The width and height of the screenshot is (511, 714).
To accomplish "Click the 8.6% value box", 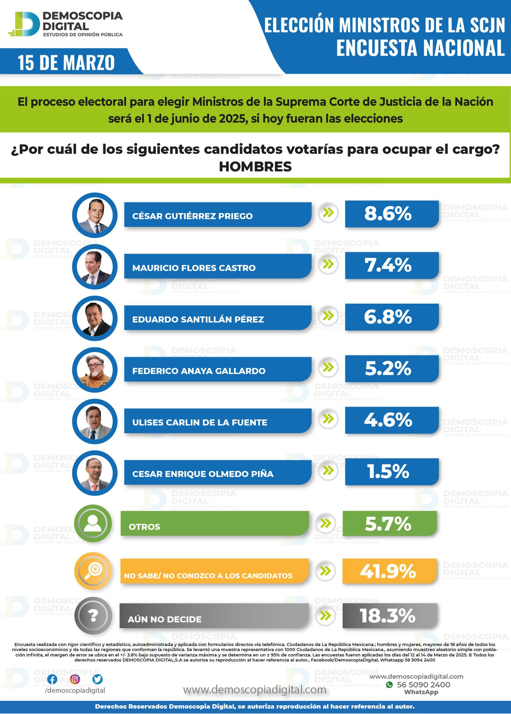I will (x=391, y=214).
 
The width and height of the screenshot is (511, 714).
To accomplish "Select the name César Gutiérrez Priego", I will (x=192, y=216).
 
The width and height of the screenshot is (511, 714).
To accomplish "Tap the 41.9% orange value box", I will (x=389, y=571).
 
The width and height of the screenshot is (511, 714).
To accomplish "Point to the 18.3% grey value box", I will (x=389, y=616).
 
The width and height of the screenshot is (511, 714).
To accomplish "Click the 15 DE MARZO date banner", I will (x=67, y=63).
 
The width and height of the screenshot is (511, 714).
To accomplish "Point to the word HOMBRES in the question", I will (x=255, y=167).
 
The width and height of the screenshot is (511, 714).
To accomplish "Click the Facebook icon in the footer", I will (x=52, y=679).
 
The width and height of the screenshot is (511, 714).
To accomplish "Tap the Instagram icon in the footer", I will (x=75, y=679).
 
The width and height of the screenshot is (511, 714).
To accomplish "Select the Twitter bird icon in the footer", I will (x=98, y=679).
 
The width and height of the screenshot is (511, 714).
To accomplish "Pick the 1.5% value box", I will (x=391, y=472).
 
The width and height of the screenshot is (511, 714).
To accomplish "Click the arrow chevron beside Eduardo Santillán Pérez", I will (x=328, y=315).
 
